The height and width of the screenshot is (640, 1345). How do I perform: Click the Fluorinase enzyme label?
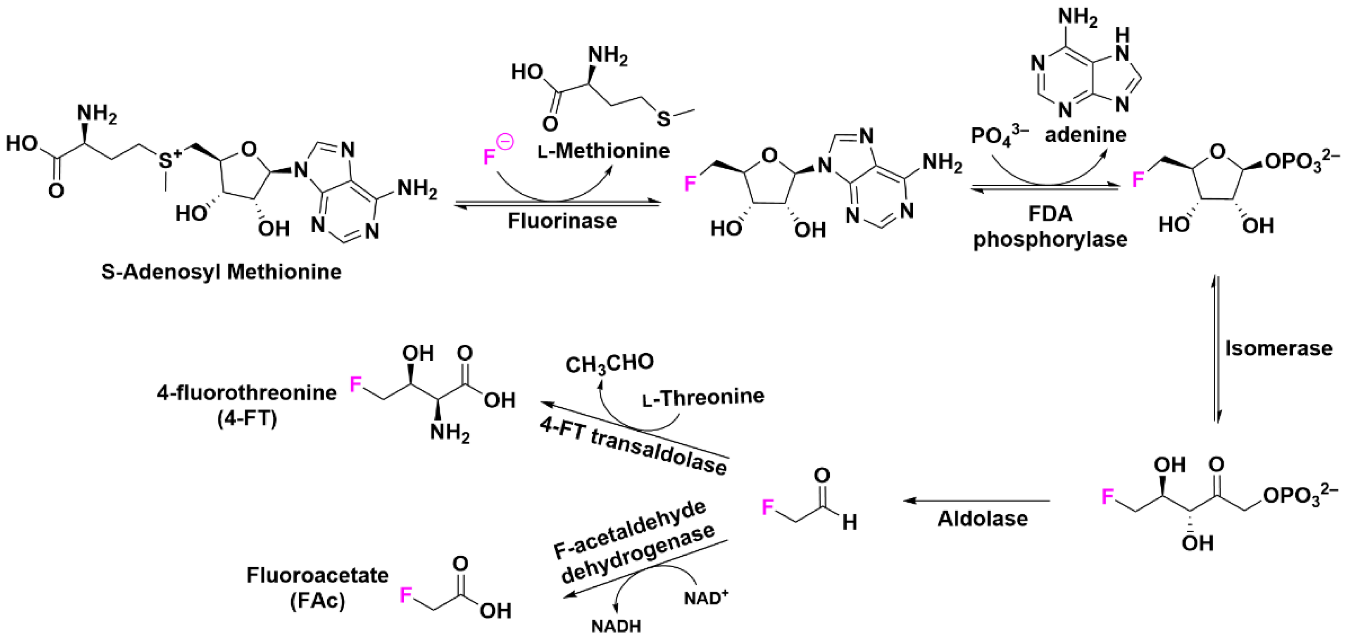(562, 221)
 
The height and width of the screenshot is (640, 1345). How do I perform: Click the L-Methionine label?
(604, 151)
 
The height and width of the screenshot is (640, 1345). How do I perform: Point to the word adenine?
(1086, 135)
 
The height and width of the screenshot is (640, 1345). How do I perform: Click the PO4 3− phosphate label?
(999, 136)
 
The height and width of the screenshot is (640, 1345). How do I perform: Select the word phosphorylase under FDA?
(1050, 240)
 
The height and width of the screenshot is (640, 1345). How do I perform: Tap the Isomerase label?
(1279, 348)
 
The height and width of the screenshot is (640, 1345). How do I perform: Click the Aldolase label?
(983, 519)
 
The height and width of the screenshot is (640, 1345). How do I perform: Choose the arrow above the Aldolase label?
(976, 501)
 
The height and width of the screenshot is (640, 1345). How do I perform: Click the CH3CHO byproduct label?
(609, 363)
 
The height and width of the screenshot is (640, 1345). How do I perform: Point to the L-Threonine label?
(703, 397)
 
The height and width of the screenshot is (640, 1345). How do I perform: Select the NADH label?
(616, 626)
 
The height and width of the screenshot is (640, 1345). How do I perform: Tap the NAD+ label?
(706, 598)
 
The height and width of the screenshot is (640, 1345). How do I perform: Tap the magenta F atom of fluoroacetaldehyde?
(767, 507)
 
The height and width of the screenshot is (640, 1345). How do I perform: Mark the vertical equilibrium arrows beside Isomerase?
(1216, 350)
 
